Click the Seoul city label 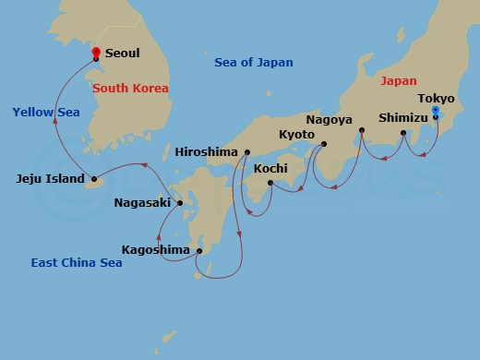click(x=123, y=54)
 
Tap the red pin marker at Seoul click(x=96, y=52)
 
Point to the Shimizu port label click(x=404, y=117)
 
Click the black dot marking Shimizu click(x=403, y=134)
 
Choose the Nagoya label click(x=330, y=119)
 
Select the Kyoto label click(x=296, y=135)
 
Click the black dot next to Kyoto click(x=323, y=143)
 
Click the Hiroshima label click(x=206, y=151)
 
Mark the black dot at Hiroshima click(x=247, y=151)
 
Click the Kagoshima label click(x=155, y=249)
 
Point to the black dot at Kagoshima click(x=199, y=249)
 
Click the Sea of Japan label click(x=254, y=63)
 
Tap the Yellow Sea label click(x=46, y=112)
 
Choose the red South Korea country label click(x=131, y=89)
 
